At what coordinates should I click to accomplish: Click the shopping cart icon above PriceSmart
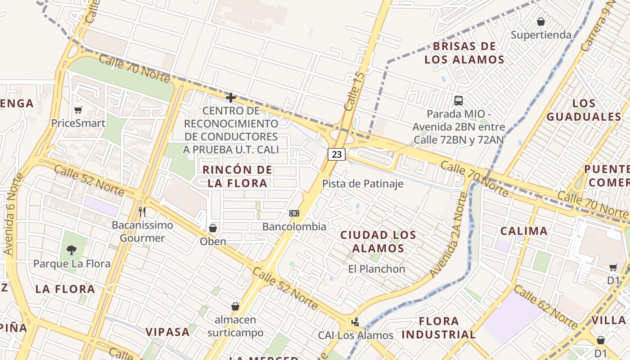click(x=78, y=110)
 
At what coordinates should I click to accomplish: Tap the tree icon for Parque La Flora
click(x=71, y=250)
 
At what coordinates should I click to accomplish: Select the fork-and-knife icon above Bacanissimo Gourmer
click(x=142, y=211)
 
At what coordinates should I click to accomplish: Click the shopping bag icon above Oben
click(x=213, y=228)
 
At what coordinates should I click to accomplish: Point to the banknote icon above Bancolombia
click(x=294, y=213)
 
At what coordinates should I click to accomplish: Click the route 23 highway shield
click(x=336, y=154)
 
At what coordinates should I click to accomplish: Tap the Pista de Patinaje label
click(x=363, y=184)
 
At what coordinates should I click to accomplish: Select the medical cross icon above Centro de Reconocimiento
click(x=231, y=98)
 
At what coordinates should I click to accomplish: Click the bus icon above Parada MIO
click(x=459, y=101)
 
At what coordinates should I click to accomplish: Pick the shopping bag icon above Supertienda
click(x=541, y=22)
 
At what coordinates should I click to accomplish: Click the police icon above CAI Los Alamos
click(x=355, y=322)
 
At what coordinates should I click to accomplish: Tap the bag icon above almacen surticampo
click(x=235, y=306)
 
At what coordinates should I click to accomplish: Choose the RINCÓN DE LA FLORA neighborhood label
click(x=237, y=176)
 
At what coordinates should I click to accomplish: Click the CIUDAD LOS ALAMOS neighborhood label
click(x=378, y=241)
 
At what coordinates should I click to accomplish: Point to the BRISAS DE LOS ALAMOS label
click(x=464, y=53)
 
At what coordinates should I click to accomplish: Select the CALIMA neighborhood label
click(x=524, y=231)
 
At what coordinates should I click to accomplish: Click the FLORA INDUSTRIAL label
click(x=439, y=328)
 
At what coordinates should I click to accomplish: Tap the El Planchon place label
click(x=377, y=269)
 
